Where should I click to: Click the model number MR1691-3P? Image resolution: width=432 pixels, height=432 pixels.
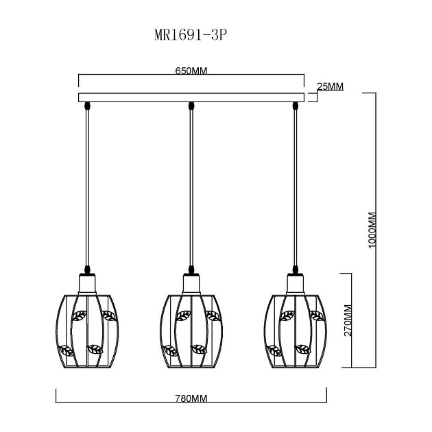point(191,35)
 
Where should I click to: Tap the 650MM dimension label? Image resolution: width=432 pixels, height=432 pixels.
point(191,71)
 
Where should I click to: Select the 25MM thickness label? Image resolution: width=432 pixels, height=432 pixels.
point(331,86)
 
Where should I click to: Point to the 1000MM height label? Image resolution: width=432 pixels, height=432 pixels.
point(372,230)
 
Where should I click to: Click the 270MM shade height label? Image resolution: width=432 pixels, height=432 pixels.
point(348,320)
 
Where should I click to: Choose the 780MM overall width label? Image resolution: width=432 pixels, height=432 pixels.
point(191,398)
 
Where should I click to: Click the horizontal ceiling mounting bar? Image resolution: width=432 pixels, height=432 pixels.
point(191,97)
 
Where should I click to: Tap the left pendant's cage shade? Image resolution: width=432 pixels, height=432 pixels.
point(87,331)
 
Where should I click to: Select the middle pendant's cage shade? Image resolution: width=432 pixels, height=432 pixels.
point(191,331)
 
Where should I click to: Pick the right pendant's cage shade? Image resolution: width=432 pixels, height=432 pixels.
point(296,331)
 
